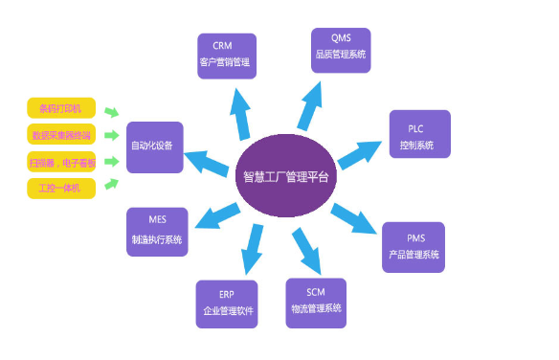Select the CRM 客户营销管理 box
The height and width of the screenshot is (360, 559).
227,56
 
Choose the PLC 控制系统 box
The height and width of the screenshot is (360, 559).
419,135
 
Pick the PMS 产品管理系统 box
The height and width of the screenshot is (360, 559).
414,246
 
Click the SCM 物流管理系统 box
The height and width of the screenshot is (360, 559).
316,302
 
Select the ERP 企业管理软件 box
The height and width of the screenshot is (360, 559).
226,304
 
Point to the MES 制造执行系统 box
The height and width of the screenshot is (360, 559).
157,231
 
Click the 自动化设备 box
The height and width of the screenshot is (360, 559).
154,146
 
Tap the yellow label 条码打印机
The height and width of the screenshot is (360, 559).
61,108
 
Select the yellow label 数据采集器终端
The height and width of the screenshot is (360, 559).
61,134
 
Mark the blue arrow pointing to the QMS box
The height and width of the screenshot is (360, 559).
313,103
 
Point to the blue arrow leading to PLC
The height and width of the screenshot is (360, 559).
361,151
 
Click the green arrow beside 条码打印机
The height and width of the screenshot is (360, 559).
112,112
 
